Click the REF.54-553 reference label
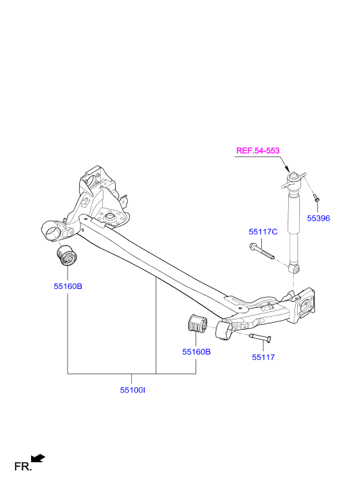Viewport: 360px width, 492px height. tap(258, 151)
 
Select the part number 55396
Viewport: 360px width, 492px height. tap(318, 219)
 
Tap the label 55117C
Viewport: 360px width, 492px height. tap(263, 232)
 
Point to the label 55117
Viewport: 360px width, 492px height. tap(263, 357)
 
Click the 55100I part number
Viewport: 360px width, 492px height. tap(133, 390)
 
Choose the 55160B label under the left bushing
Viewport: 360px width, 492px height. tap(68, 286)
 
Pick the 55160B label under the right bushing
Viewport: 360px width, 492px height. tap(196, 352)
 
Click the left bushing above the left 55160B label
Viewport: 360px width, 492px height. tap(67, 255)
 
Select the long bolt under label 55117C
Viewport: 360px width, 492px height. tap(261, 252)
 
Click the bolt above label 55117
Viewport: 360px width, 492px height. tap(261, 338)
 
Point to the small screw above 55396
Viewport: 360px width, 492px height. tap(317, 198)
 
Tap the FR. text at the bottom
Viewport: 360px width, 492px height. tap(23, 466)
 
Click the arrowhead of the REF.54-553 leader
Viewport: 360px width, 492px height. tap(287, 169)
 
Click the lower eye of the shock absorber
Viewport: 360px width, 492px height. tap(295, 269)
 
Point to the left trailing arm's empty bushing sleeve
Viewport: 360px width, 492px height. tap(52, 231)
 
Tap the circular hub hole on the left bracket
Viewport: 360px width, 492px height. tap(109, 217)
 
